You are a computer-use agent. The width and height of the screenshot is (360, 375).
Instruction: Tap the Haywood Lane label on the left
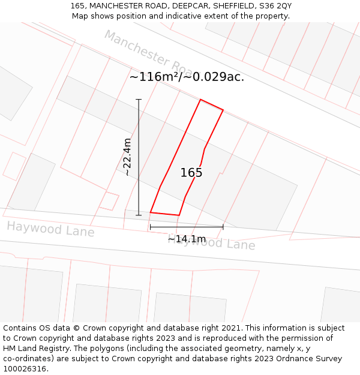(x=50, y=229)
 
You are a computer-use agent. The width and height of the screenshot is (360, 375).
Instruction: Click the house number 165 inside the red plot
(x=191, y=173)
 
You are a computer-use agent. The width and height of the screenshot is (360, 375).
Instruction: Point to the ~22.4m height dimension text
(x=127, y=157)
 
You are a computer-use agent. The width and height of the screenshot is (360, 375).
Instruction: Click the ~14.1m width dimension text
(x=187, y=239)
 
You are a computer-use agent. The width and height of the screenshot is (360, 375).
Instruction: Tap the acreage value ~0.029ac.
(x=214, y=77)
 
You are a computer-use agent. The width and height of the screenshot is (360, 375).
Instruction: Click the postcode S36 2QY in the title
(x=275, y=6)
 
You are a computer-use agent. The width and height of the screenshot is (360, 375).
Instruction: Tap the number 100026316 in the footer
(x=25, y=369)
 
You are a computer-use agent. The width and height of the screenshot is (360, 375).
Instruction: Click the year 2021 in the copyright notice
(x=232, y=328)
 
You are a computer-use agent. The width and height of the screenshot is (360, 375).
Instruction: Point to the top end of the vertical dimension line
(x=139, y=99)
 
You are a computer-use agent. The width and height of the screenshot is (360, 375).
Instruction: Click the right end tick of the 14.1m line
(x=223, y=227)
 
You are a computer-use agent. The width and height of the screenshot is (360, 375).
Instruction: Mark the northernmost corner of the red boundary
(x=200, y=100)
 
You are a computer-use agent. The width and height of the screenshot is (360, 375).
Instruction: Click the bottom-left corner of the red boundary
(x=150, y=212)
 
